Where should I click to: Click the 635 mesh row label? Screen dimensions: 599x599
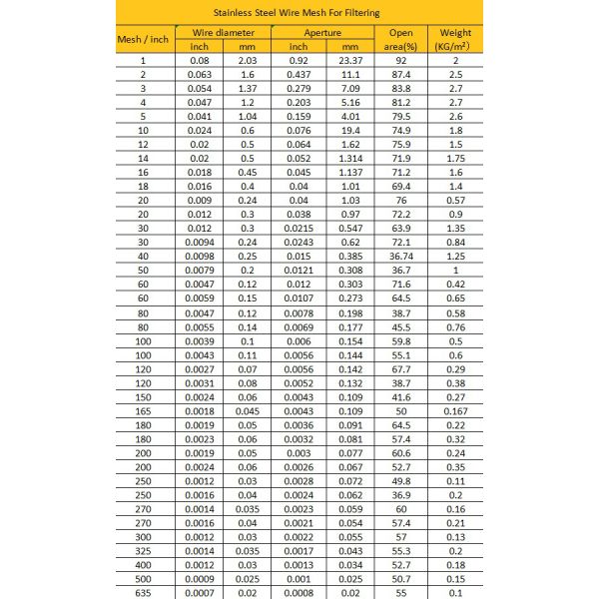coord(143,593)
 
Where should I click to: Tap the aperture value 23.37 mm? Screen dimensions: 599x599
coord(348,60)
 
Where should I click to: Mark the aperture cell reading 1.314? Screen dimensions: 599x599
coord(348,158)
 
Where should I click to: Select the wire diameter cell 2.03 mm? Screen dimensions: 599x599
coord(248,60)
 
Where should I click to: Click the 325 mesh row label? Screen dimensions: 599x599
coord(143,550)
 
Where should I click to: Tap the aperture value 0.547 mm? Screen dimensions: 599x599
coord(348,228)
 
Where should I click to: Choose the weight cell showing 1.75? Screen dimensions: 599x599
coord(455,158)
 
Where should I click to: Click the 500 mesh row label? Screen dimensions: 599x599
coord(143,579)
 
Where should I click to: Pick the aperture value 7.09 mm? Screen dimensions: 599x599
coord(348,88)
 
